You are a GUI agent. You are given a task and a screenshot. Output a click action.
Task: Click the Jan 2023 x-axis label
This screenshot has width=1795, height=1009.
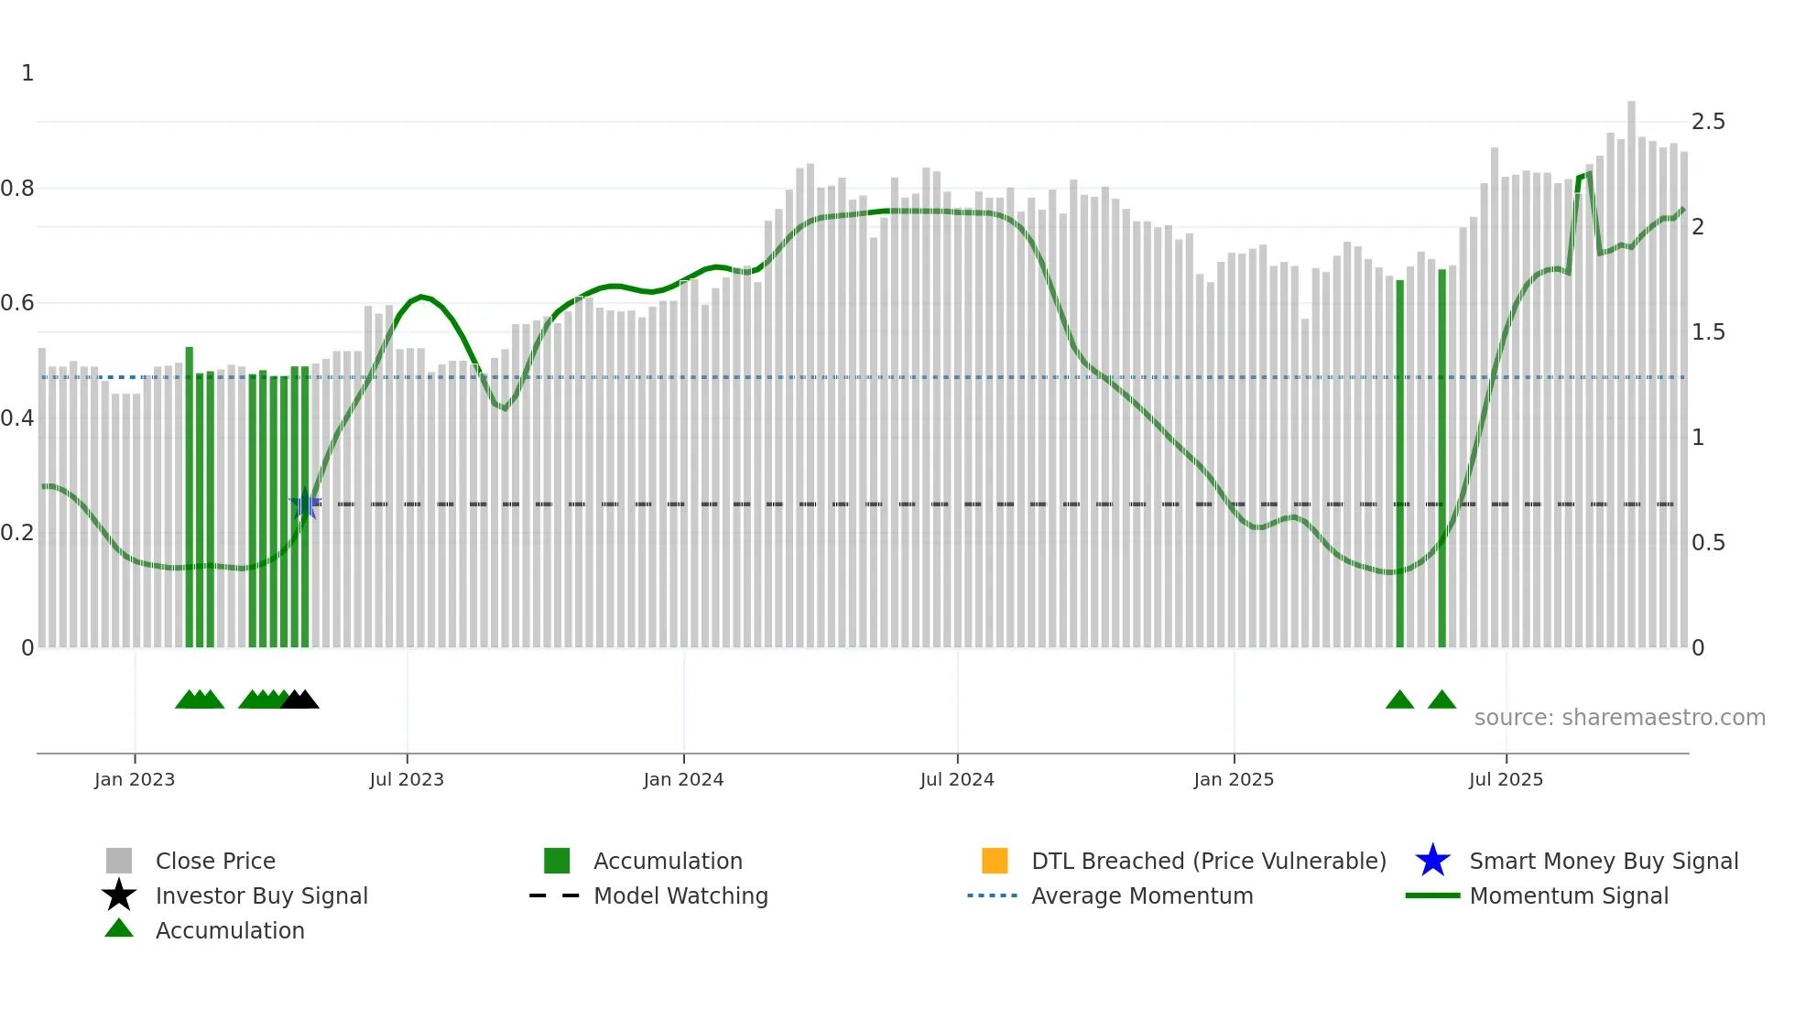click(135, 779)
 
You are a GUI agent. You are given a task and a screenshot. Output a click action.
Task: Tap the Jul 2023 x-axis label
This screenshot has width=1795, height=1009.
click(407, 779)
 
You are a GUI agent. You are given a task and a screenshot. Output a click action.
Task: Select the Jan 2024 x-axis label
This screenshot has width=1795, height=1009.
click(683, 779)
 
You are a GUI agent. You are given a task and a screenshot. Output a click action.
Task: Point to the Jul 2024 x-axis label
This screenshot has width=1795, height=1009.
click(957, 779)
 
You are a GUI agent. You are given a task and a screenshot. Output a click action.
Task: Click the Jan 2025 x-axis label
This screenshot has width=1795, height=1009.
click(1234, 779)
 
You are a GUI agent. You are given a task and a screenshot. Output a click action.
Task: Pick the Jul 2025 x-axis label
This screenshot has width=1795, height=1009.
click(1506, 779)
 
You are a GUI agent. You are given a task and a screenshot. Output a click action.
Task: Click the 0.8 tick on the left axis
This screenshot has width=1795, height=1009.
click(17, 189)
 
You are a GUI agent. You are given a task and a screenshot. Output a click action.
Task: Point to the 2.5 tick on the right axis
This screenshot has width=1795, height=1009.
click(1708, 122)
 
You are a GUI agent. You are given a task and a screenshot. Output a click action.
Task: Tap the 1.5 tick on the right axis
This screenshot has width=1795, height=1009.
click(1708, 332)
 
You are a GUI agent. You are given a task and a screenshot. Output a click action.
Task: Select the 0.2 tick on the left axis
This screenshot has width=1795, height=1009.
click(17, 533)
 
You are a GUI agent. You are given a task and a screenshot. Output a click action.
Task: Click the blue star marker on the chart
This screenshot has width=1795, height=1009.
click(305, 504)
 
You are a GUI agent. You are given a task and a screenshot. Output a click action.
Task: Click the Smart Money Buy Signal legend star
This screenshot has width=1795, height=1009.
click(1432, 861)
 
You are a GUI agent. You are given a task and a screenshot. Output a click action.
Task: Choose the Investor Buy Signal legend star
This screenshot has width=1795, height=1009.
click(119, 895)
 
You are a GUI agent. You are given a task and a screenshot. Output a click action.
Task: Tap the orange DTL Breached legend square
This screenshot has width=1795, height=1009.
click(995, 861)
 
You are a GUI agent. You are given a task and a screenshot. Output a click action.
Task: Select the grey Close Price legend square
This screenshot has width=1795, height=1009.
click(119, 861)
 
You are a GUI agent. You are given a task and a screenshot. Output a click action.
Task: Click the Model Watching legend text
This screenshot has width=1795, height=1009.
click(680, 895)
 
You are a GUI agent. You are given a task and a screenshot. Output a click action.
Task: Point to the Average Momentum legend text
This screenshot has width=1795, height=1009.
click(1142, 895)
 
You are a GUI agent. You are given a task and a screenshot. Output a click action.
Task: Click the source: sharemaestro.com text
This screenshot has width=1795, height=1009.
click(1619, 718)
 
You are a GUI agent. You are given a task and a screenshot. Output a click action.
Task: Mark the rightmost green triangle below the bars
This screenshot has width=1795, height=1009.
click(1441, 700)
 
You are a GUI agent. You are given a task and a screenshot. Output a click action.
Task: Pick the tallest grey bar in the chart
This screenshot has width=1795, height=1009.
click(1631, 366)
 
